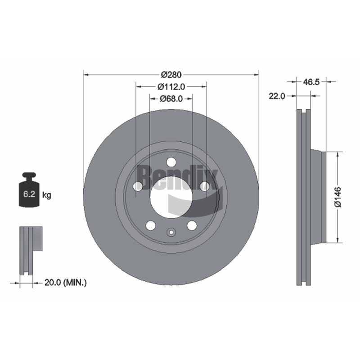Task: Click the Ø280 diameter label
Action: [x=171, y=75]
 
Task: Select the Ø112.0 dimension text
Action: [x=171, y=86]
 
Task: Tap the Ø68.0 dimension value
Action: [x=171, y=99]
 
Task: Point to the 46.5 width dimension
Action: [x=311, y=82]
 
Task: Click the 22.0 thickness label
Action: [x=277, y=96]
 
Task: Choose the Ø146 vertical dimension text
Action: [x=338, y=197]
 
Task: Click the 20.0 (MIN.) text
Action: [x=65, y=283]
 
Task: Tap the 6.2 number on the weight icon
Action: [x=29, y=194]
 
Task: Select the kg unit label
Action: [x=47, y=195]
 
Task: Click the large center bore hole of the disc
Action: [x=171, y=197]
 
